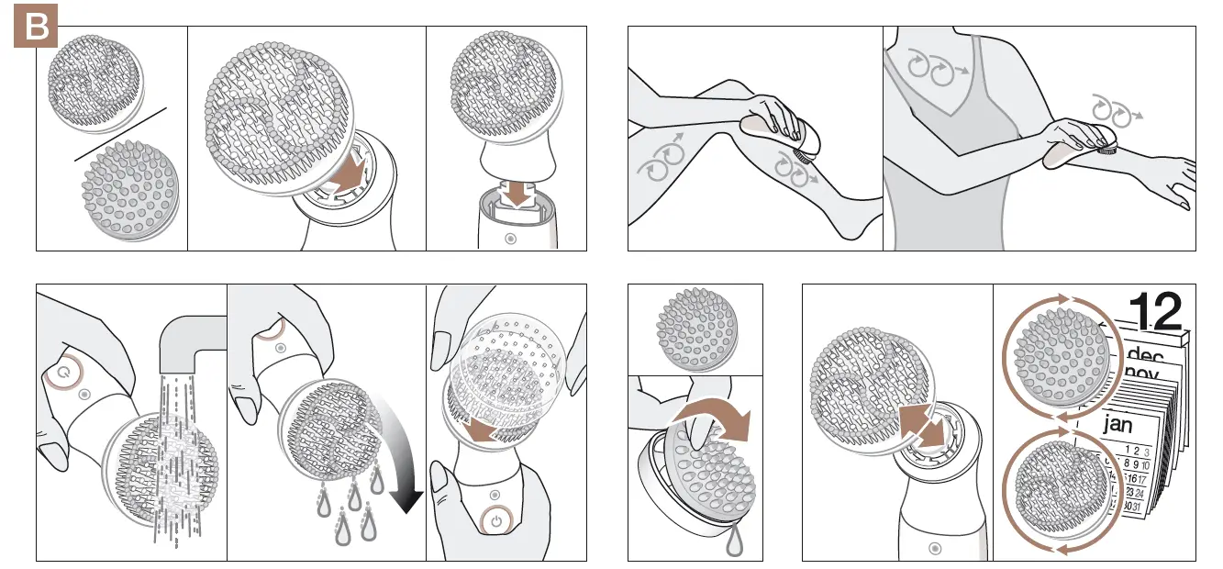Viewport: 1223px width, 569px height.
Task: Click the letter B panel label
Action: coord(37,28)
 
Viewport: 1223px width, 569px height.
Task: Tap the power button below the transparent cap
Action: coord(495,520)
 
